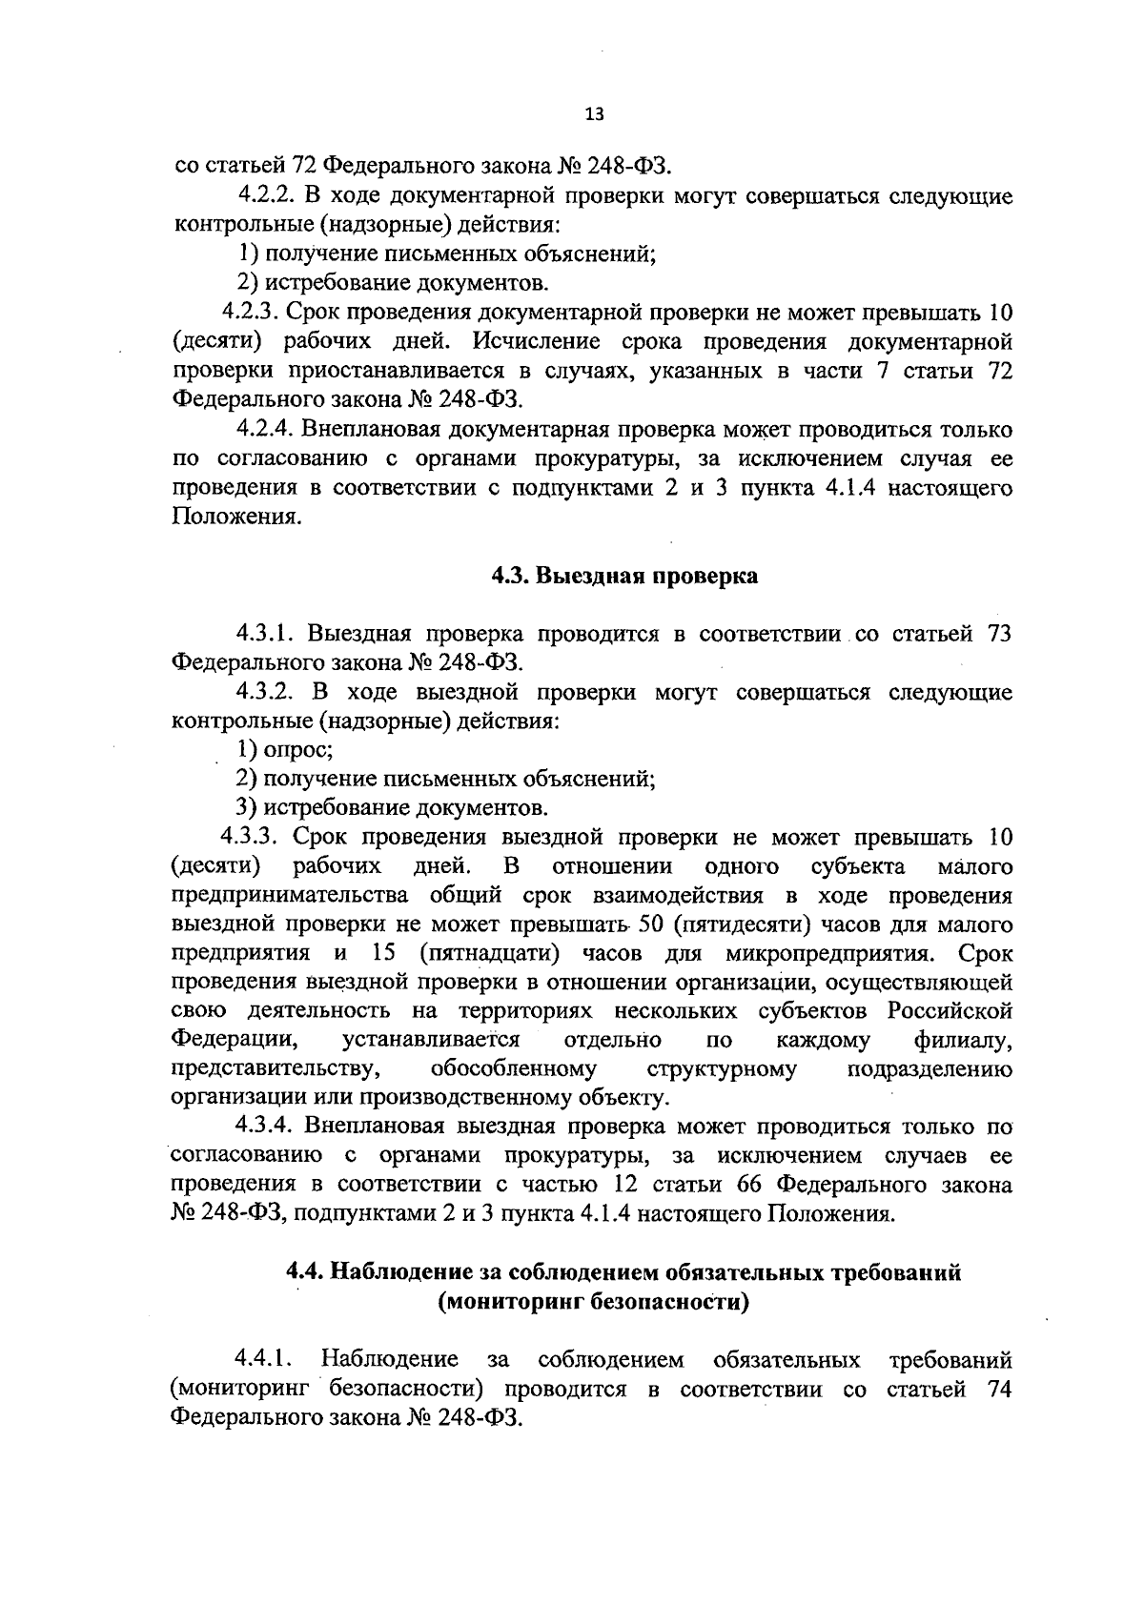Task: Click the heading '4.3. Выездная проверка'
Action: (624, 577)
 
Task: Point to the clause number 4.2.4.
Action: (264, 430)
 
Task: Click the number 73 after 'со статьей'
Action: (999, 635)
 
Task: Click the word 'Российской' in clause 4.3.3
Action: (950, 1011)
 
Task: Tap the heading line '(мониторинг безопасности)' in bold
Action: (592, 1303)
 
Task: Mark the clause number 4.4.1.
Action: (264, 1359)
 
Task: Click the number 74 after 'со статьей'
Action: (999, 1389)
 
